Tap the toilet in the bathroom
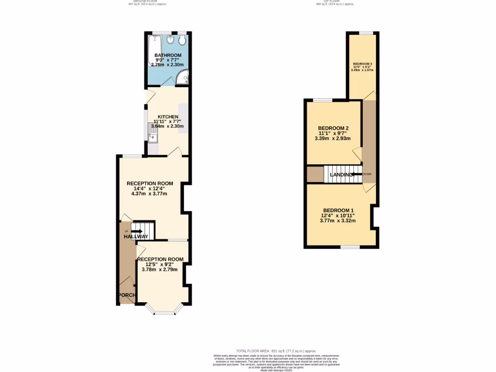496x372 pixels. coord(182,40)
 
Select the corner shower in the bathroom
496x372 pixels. coord(183,77)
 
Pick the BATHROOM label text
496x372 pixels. coord(168,55)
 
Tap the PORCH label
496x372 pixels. coord(127,295)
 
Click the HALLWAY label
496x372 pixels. coord(136,236)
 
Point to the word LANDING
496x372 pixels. coord(341,174)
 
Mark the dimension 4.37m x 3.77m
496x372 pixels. coord(149,194)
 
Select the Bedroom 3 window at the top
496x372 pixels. coord(366,33)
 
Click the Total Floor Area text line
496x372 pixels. coord(276,351)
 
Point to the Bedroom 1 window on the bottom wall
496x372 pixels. coord(350,247)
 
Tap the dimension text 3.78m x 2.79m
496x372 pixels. coord(160,270)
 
